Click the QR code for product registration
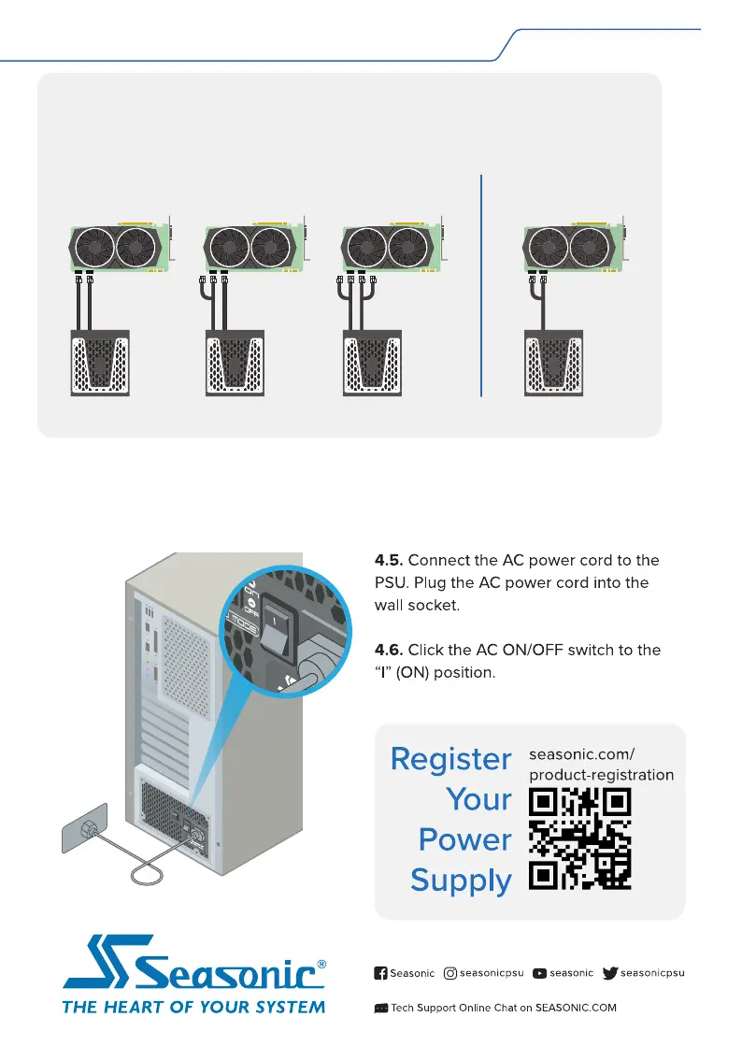tap(580, 838)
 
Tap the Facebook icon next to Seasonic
tap(380, 973)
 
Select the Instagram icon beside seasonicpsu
tap(450, 973)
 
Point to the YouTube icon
tap(539, 973)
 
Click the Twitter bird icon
tap(610, 973)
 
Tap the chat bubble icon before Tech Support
tap(380, 1008)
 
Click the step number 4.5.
tap(389, 561)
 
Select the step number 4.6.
tap(389, 650)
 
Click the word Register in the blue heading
tap(450, 758)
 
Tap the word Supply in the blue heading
tap(461, 881)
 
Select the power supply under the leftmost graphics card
tap(100, 363)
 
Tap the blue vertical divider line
tap(481, 285)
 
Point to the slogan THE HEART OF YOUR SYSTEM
tap(193, 1007)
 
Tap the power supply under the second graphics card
tap(235, 363)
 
